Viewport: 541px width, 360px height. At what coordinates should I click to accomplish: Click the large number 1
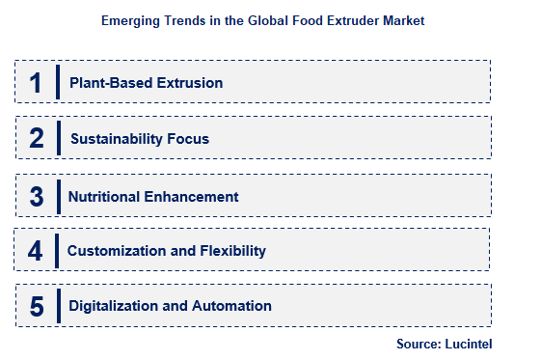pos(36,82)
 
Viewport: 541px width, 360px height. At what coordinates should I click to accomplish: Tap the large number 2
pos(37,138)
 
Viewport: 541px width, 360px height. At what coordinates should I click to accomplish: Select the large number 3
pos(37,196)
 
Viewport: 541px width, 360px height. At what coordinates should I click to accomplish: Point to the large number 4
pos(36,251)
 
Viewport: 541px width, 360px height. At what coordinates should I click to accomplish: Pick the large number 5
pos(37,306)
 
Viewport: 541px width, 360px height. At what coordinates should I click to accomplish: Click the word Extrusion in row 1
pos(189,83)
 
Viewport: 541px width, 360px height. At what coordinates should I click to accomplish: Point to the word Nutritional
pos(106,196)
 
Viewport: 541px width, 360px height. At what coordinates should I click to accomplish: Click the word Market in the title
pos(404,19)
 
